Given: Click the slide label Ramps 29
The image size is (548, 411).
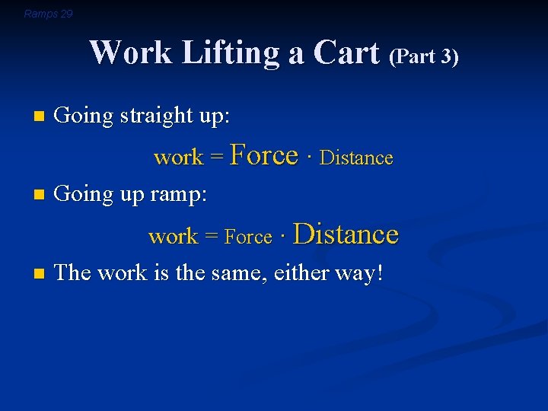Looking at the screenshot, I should (48, 14).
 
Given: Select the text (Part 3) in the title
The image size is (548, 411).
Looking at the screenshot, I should (424, 57).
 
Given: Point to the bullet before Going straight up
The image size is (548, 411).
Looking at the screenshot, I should (40, 117).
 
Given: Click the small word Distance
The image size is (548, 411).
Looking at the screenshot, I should (356, 158).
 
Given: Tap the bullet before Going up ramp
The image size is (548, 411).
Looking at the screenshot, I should (40, 196).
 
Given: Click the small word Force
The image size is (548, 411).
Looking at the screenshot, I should (248, 237).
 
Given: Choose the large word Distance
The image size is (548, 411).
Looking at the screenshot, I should (346, 234).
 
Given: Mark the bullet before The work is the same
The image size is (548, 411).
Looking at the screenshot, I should (40, 273).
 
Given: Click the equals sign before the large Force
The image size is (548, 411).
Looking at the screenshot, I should (217, 158).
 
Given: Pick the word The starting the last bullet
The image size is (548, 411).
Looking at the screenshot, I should (72, 272).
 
